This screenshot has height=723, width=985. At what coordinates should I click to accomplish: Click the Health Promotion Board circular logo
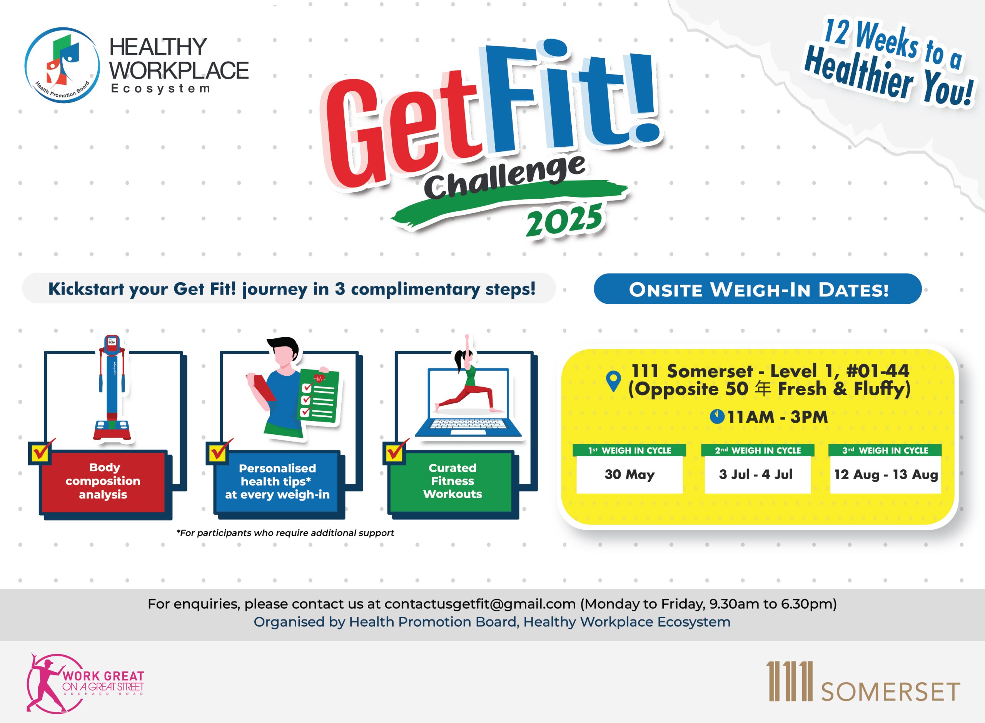[x=62, y=65]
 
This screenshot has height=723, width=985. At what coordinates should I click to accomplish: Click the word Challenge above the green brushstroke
[x=504, y=177]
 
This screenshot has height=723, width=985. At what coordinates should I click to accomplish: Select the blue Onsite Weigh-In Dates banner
[x=758, y=289]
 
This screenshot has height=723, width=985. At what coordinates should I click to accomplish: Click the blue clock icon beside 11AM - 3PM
[x=717, y=417]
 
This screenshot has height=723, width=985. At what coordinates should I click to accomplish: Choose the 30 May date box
[x=629, y=475]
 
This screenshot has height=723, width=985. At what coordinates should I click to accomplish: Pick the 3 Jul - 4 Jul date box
[x=758, y=475]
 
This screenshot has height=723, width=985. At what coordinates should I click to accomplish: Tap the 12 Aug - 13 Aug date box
[x=886, y=475]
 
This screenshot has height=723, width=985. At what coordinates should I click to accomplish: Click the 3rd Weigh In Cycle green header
[x=885, y=450]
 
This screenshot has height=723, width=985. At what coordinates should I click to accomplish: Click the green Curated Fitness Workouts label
[x=452, y=481]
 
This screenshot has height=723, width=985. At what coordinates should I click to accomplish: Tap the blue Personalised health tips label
[x=277, y=481]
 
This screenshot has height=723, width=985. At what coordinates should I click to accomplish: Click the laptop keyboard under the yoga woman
[x=467, y=425]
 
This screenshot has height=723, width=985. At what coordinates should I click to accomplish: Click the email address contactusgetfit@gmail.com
[x=480, y=604]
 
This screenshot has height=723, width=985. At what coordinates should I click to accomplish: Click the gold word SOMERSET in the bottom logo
[x=890, y=692]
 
